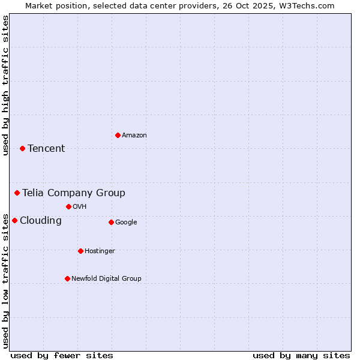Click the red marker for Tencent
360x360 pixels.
(22, 148)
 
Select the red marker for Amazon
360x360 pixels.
(118, 135)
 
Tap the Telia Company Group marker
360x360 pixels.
(17, 193)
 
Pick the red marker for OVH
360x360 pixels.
(68, 206)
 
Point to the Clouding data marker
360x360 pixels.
(14, 220)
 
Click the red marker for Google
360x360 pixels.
(111, 222)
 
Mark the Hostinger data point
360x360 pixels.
(80, 251)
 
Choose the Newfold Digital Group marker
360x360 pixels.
(67, 278)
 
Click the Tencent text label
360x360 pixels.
(46, 149)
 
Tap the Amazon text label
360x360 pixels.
(134, 136)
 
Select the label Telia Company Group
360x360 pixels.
(74, 193)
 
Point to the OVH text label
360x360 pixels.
(80, 207)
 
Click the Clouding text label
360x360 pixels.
(41, 221)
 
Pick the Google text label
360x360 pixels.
(126, 223)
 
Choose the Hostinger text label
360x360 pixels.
(100, 251)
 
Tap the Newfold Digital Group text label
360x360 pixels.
(106, 279)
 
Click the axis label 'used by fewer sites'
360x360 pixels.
(62, 355)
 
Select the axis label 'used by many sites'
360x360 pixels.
(301, 355)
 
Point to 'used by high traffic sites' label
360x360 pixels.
(6, 85)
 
